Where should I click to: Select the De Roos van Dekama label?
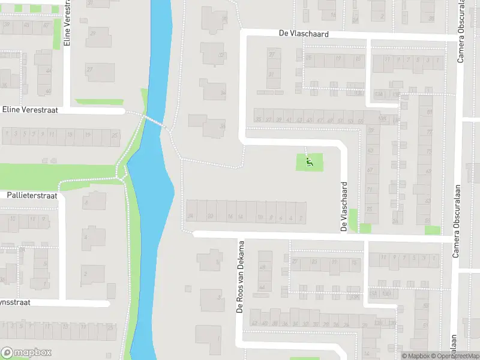click(x=240, y=277)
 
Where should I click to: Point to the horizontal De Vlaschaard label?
click(x=304, y=34)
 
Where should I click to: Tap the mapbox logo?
click(x=26, y=352)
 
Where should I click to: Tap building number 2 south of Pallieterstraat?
click(x=85, y=274)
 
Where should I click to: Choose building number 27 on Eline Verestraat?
click(x=90, y=70)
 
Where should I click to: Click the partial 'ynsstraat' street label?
click(x=14, y=303)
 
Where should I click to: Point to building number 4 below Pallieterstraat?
click(x=85, y=238)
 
